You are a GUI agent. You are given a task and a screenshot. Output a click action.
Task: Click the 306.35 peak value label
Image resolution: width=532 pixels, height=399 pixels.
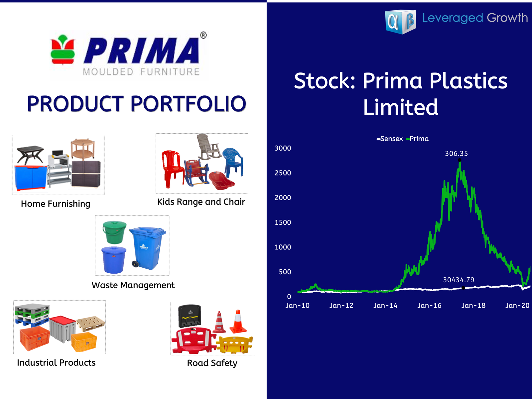[x=457, y=154]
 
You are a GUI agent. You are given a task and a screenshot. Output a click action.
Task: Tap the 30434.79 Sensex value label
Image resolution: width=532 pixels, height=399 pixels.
[x=459, y=280]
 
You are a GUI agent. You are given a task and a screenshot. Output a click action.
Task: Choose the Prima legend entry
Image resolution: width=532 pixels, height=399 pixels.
[x=417, y=139]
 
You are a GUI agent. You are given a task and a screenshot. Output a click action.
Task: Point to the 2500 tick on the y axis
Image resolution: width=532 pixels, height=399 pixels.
[x=283, y=173]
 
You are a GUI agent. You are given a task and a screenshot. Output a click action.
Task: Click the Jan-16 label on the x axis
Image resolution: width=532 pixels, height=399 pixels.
[x=429, y=306]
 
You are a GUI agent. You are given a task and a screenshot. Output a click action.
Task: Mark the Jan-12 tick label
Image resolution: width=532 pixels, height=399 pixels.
[x=341, y=306]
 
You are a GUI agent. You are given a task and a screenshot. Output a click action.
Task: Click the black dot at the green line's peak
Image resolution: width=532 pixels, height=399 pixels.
[x=459, y=160]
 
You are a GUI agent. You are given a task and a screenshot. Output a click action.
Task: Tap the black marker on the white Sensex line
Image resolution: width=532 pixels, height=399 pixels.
[x=463, y=288]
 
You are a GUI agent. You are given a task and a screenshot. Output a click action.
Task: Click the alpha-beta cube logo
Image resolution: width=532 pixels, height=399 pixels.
[x=401, y=22]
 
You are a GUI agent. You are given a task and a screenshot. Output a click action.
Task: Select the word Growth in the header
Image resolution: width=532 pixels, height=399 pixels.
[x=507, y=18]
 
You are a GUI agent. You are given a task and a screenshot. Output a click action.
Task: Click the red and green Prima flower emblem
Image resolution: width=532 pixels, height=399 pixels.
[x=63, y=50]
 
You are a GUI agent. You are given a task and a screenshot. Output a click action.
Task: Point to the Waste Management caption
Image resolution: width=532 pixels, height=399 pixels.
[x=133, y=285]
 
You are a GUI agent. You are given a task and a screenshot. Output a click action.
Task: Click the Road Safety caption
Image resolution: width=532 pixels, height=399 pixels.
[x=212, y=363]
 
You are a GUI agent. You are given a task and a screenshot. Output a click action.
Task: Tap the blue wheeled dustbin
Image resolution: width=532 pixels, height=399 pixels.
[x=147, y=248]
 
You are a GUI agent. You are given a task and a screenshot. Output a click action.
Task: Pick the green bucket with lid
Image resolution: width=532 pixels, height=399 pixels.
[x=114, y=232]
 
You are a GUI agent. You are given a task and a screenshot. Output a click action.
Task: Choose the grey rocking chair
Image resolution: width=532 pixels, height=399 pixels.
[x=208, y=147]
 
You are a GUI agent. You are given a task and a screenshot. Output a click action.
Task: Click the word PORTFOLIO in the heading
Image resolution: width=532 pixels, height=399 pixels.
[x=188, y=104]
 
